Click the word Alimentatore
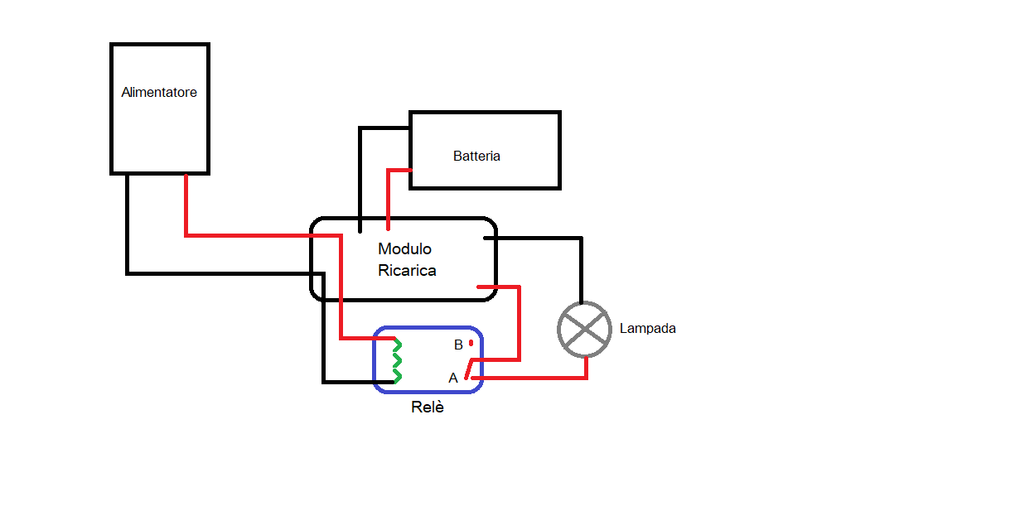159,93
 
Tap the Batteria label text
476,156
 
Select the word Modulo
404,248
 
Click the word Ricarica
407,270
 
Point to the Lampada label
647,329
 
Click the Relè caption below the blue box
428,407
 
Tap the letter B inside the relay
458,345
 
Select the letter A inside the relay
453,378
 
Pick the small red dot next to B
471,343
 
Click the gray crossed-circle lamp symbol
586,329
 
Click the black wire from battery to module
360,166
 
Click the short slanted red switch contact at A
469,369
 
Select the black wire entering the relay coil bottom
348,382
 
